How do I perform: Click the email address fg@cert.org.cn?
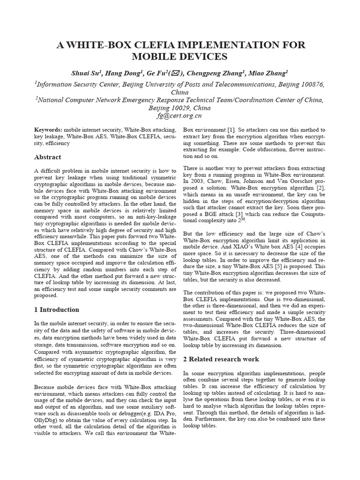pos(180,115)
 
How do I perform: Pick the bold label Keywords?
pos(48,129)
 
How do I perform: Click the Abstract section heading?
pos(48,157)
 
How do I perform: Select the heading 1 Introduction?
pos(57,309)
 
